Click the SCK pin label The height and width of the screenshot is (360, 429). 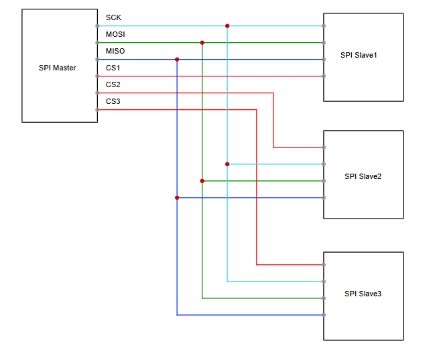(x=113, y=17)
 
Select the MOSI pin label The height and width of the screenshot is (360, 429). (x=115, y=34)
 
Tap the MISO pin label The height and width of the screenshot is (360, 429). (x=115, y=51)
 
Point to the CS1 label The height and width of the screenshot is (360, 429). (x=113, y=68)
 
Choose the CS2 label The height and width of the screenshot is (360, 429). (x=113, y=84)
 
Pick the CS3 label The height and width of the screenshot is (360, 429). (x=113, y=101)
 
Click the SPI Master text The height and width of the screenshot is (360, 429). (x=58, y=68)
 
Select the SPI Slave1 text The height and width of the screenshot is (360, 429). (x=359, y=55)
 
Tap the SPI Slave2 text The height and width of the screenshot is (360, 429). (x=363, y=176)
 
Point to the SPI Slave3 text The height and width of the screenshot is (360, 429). (x=363, y=294)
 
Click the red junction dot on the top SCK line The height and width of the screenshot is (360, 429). (x=227, y=26)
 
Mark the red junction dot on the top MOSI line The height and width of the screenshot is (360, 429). (x=202, y=43)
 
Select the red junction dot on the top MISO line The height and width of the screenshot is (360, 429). (x=177, y=60)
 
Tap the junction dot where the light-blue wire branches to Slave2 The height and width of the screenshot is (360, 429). (x=227, y=164)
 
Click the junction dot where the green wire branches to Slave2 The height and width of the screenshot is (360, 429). (x=202, y=181)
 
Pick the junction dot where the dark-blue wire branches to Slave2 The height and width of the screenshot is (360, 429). (x=177, y=198)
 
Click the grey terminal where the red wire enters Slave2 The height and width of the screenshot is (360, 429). (x=324, y=147)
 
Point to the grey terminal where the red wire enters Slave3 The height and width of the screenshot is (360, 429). (x=324, y=265)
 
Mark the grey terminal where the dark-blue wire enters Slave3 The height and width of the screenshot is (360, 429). (x=324, y=315)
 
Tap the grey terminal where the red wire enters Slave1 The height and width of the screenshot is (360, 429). (x=324, y=76)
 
